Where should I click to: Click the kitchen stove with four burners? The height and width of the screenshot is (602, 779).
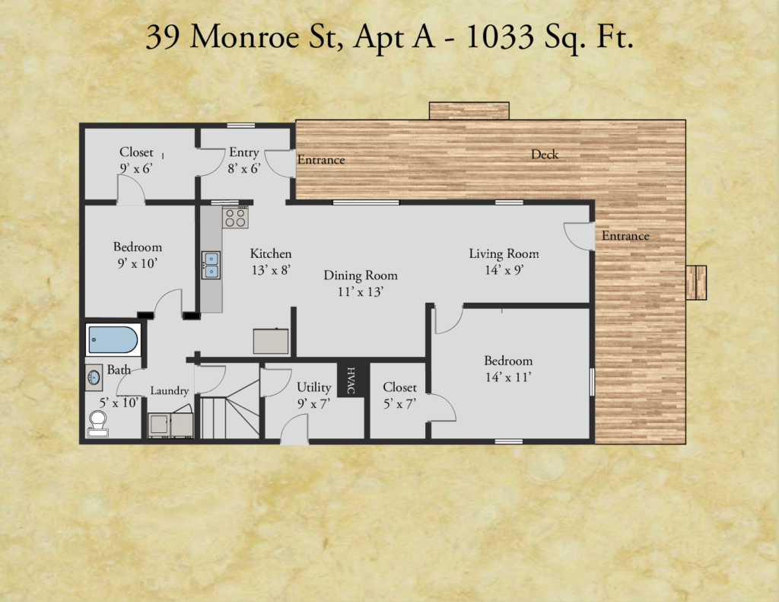pyautogui.click(x=236, y=217)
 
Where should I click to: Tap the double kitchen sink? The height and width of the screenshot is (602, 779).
pyautogui.click(x=211, y=265)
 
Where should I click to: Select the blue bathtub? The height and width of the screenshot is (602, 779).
pyautogui.click(x=113, y=339)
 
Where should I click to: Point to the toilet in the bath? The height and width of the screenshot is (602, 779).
pyautogui.click(x=98, y=424)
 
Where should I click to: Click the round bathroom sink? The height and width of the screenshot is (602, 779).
pyautogui.click(x=94, y=378)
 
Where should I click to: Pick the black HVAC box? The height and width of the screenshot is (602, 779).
pyautogui.click(x=352, y=381)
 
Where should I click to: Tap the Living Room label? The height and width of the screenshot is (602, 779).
pyautogui.click(x=504, y=253)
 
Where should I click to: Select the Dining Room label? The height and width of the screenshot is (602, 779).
pyautogui.click(x=361, y=276)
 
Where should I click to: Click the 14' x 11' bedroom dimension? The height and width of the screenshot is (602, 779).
pyautogui.click(x=508, y=377)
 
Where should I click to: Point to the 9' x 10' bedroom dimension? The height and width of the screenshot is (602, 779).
pyautogui.click(x=137, y=263)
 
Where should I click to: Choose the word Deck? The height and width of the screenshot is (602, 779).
pyautogui.click(x=545, y=154)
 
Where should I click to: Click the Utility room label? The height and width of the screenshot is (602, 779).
pyautogui.click(x=314, y=387)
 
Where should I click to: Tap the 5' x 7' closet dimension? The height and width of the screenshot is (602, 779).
pyautogui.click(x=399, y=403)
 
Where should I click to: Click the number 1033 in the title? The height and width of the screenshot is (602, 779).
pyautogui.click(x=500, y=37)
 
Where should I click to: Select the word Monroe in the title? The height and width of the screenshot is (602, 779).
pyautogui.click(x=244, y=37)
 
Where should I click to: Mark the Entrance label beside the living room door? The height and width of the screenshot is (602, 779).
pyautogui.click(x=625, y=236)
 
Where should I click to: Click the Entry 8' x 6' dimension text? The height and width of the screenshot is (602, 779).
pyautogui.click(x=244, y=169)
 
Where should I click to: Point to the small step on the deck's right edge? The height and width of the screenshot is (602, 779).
pyautogui.click(x=696, y=282)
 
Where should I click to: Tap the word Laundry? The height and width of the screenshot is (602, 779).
pyautogui.click(x=170, y=390)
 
